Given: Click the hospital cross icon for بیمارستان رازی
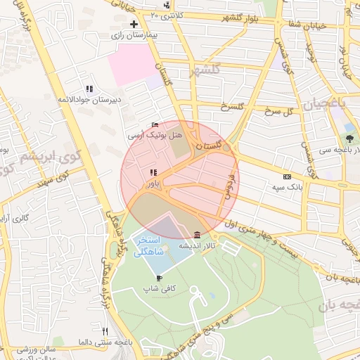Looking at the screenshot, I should (134, 24).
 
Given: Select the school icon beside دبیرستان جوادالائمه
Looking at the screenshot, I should (89, 89).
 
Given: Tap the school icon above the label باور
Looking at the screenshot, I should (153, 172).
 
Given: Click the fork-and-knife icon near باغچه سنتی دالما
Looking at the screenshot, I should (105, 331).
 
